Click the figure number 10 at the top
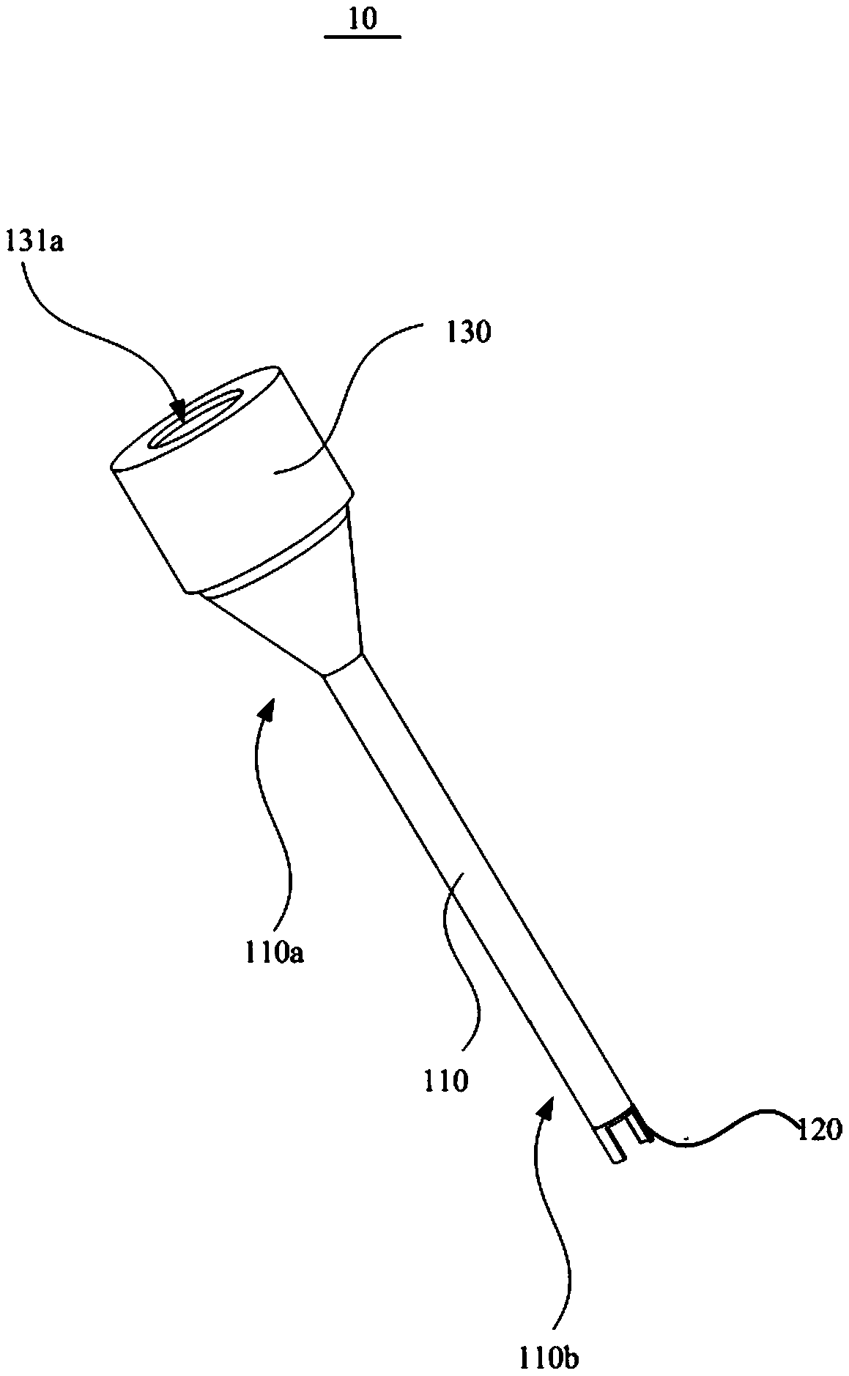pyautogui.click(x=363, y=19)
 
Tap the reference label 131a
pyautogui.click(x=34, y=241)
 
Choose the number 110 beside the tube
pyautogui.click(x=445, y=1079)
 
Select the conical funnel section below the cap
pyautogui.click(x=308, y=593)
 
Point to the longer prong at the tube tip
pyautogui.click(x=612, y=1151)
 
